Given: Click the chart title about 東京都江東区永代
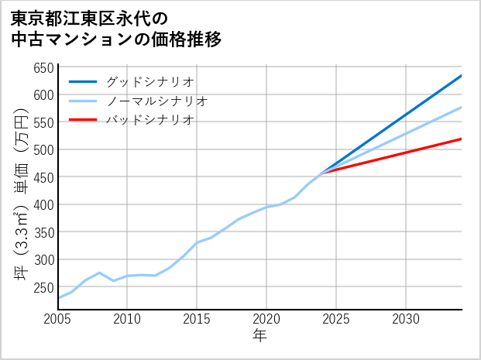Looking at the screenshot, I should click(x=116, y=29).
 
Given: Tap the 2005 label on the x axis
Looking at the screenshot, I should click(x=58, y=319).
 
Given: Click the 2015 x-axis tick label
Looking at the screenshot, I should click(x=197, y=319).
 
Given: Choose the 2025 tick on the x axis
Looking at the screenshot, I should click(x=336, y=319).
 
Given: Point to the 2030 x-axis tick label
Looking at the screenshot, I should click(x=406, y=319).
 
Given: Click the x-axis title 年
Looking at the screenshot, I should click(x=260, y=336).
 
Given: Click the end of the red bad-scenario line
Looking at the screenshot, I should click(x=462, y=139).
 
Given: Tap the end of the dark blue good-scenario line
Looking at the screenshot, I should click(x=462, y=75).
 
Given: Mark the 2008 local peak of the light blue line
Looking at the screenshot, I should click(x=99, y=273).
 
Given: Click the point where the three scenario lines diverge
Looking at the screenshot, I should click(x=322, y=173).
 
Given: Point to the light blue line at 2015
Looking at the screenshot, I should click(x=197, y=242).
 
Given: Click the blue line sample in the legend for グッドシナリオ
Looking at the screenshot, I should click(x=83, y=81).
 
